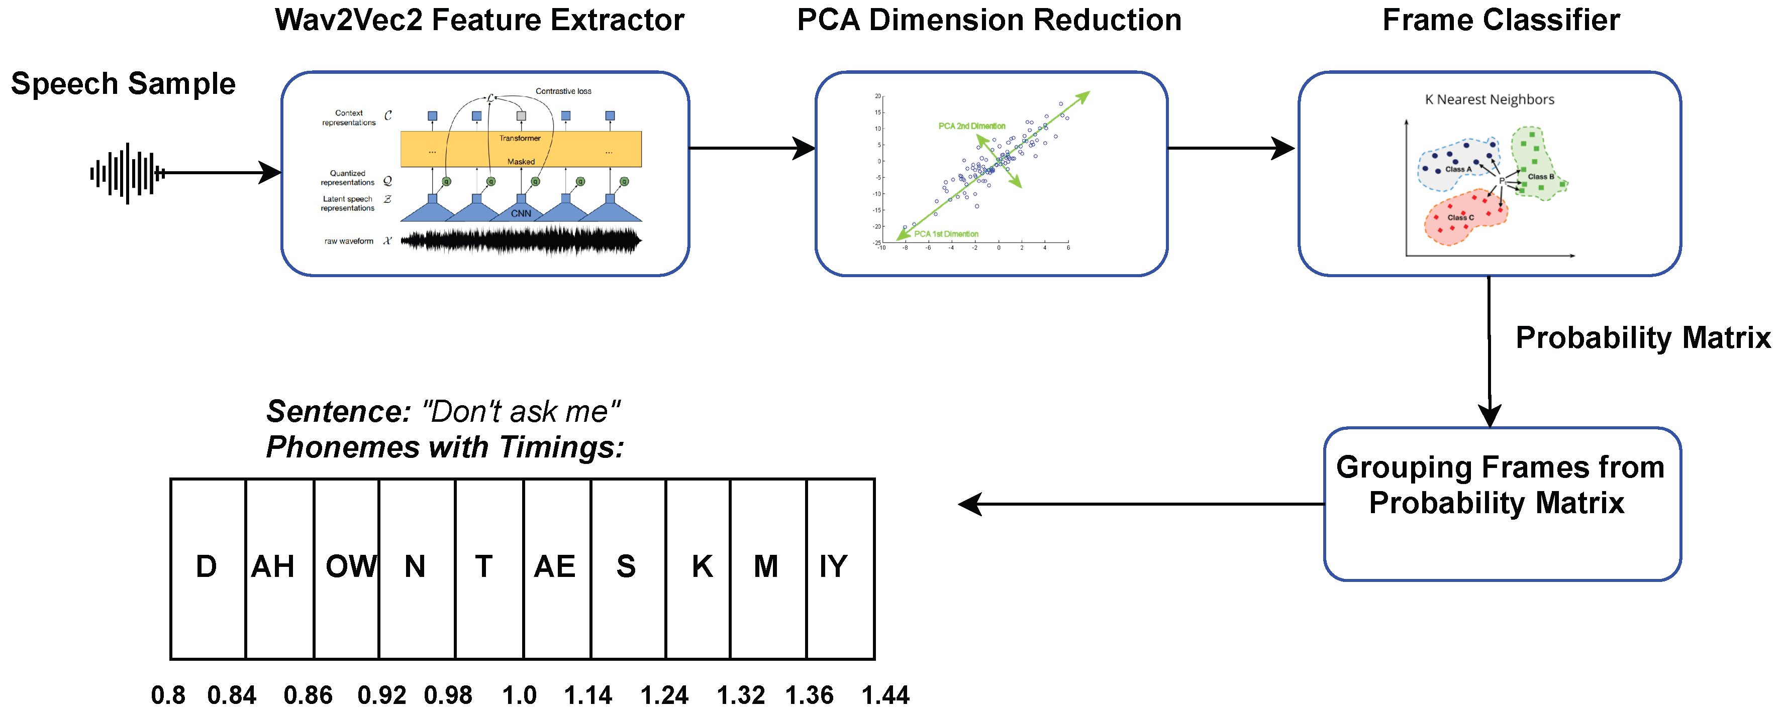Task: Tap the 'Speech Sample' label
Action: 123,84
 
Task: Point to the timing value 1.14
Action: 587,695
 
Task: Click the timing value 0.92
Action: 381,695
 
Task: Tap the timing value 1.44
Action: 885,695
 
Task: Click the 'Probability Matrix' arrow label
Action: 1643,338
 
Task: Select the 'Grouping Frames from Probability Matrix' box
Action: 1502,505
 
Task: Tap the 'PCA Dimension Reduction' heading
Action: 988,20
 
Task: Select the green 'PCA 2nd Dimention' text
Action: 971,126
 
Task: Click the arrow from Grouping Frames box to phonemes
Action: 1141,505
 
